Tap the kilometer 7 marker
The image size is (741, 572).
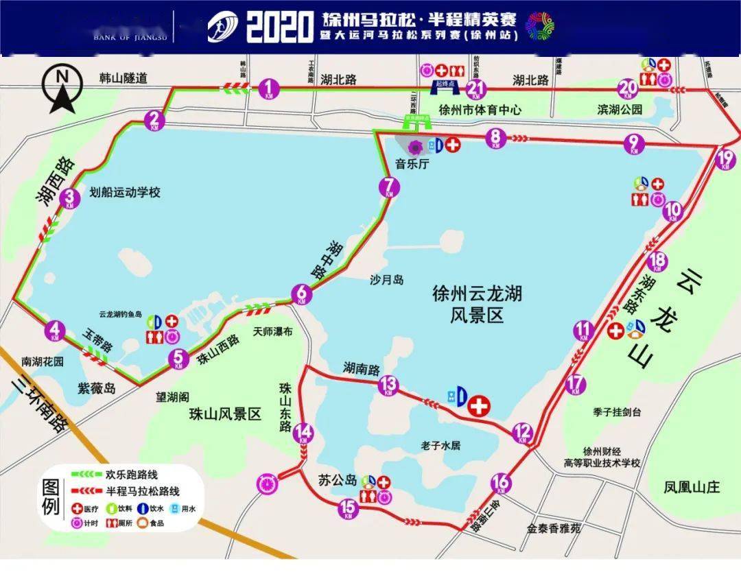(389, 187)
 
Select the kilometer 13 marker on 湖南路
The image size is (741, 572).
(388, 385)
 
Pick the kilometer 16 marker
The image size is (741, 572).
(502, 483)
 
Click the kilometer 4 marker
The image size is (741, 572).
(56, 331)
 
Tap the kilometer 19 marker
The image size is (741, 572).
(725, 160)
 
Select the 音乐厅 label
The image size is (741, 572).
(411, 163)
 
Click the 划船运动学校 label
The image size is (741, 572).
(125, 193)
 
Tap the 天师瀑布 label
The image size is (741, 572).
(272, 331)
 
